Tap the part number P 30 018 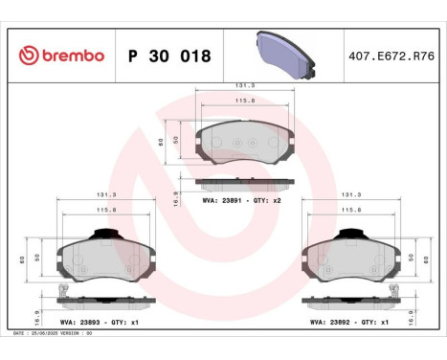tap(169, 56)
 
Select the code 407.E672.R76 tap(393, 56)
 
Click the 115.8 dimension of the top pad tap(244, 101)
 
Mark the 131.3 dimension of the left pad tap(106, 194)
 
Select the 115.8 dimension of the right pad tap(351, 210)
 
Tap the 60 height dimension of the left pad tap(21, 259)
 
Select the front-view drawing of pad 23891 tap(244, 143)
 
